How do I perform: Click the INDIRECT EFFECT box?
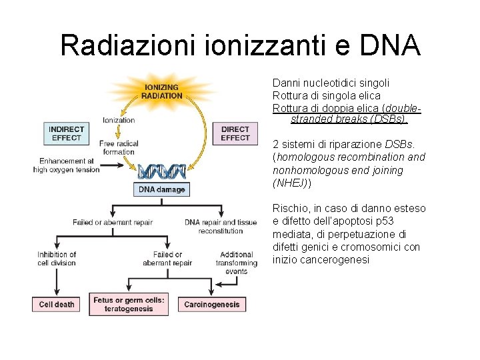tap(66, 133)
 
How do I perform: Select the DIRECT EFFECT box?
tap(235, 133)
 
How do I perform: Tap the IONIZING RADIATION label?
tap(161, 91)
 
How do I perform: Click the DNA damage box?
tap(161, 190)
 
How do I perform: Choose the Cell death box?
tap(57, 304)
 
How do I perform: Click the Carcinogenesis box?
tap(212, 304)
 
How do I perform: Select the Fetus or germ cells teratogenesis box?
tap(129, 304)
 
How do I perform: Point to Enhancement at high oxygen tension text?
tap(67, 165)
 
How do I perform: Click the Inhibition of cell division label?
tap(57, 259)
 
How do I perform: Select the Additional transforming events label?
tap(237, 263)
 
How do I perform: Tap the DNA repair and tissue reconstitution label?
tap(221, 227)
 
